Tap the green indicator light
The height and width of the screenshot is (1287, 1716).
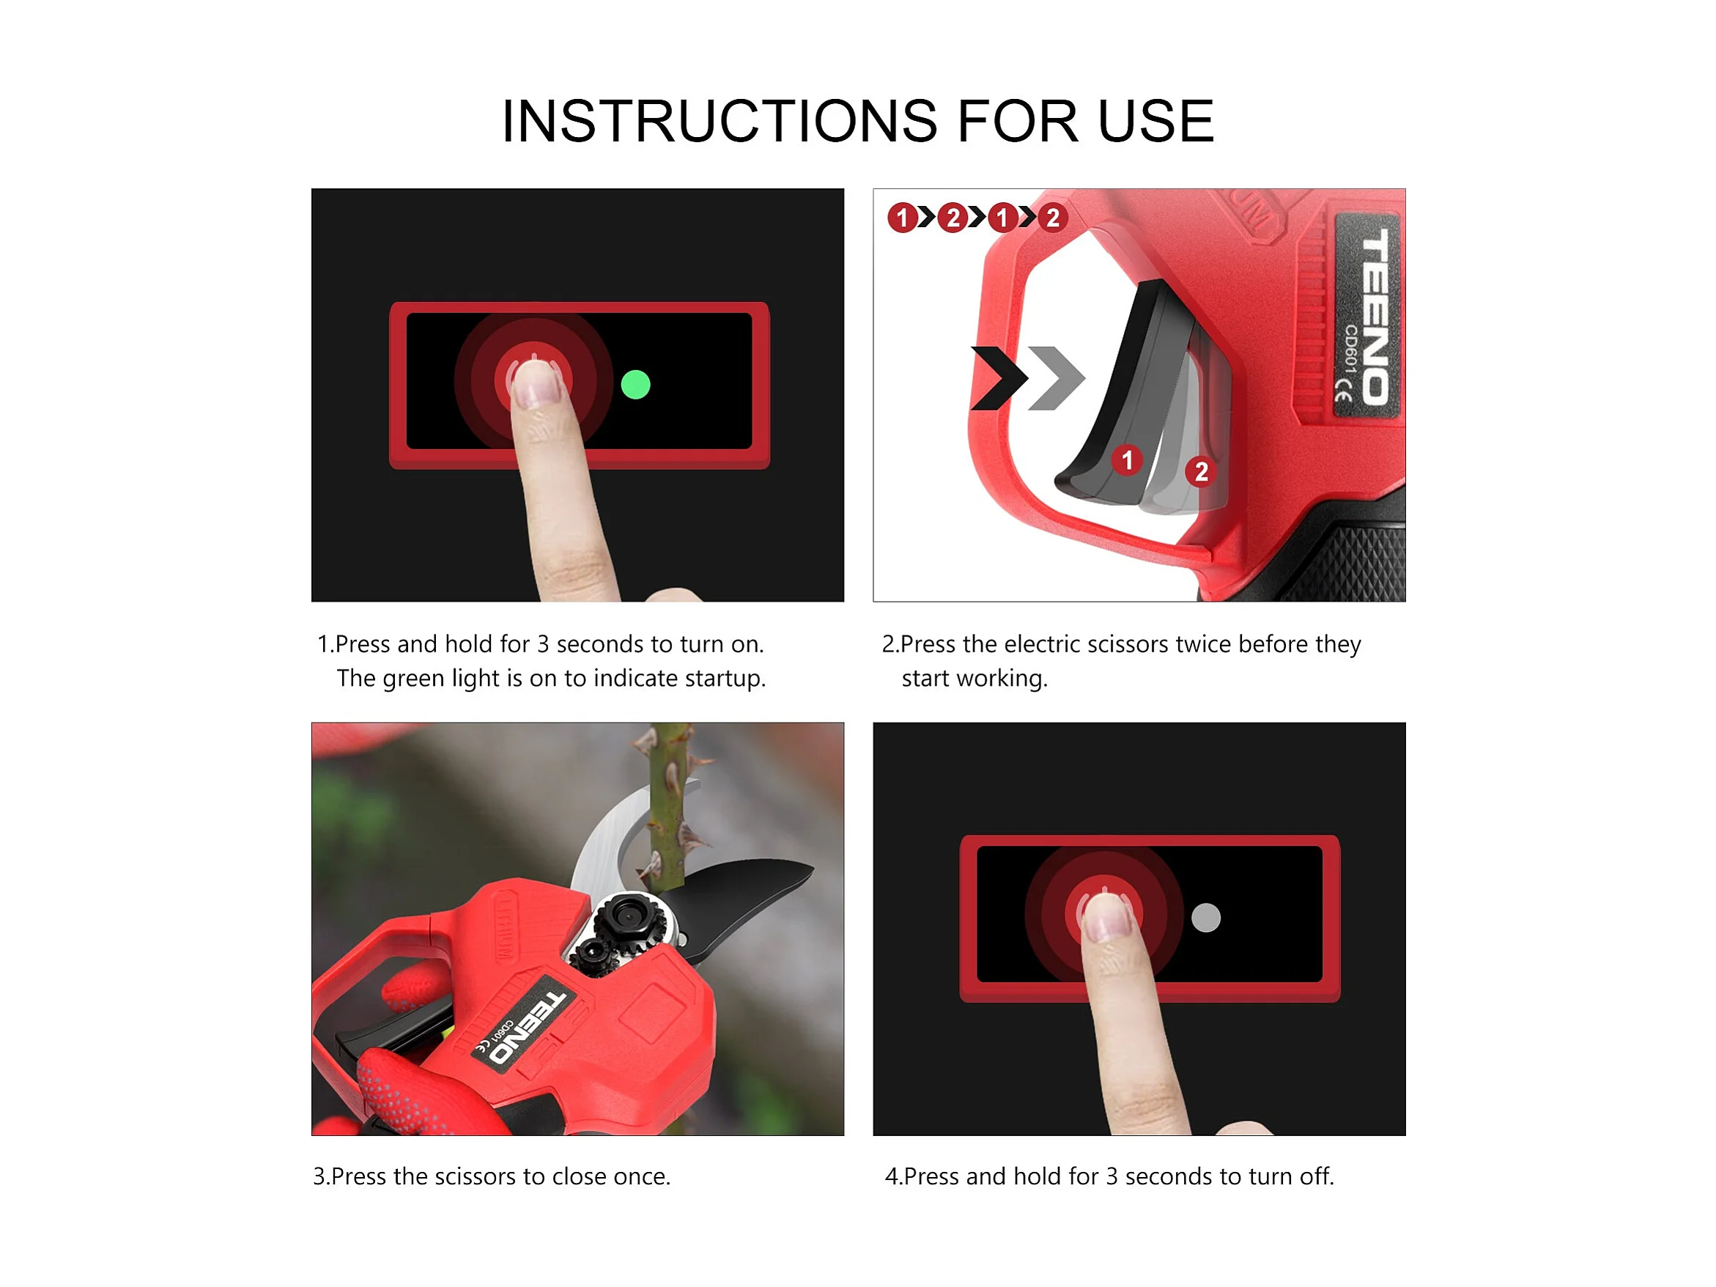tap(635, 385)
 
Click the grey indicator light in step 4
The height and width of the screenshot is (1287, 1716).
tap(1205, 918)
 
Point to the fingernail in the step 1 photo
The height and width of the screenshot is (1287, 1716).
tap(533, 386)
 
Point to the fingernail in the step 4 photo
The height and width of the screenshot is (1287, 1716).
tap(1105, 918)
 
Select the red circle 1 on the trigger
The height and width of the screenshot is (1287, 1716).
tap(1126, 460)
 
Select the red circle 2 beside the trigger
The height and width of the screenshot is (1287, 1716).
tap(1200, 471)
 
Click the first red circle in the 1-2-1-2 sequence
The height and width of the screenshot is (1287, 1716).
tap(902, 218)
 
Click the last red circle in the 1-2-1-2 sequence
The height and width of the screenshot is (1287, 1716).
tap(1052, 218)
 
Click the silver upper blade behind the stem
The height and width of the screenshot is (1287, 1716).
tap(613, 838)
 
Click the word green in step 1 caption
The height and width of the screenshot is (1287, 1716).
tap(414, 679)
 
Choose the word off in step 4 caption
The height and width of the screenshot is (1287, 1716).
tap(1316, 1176)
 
